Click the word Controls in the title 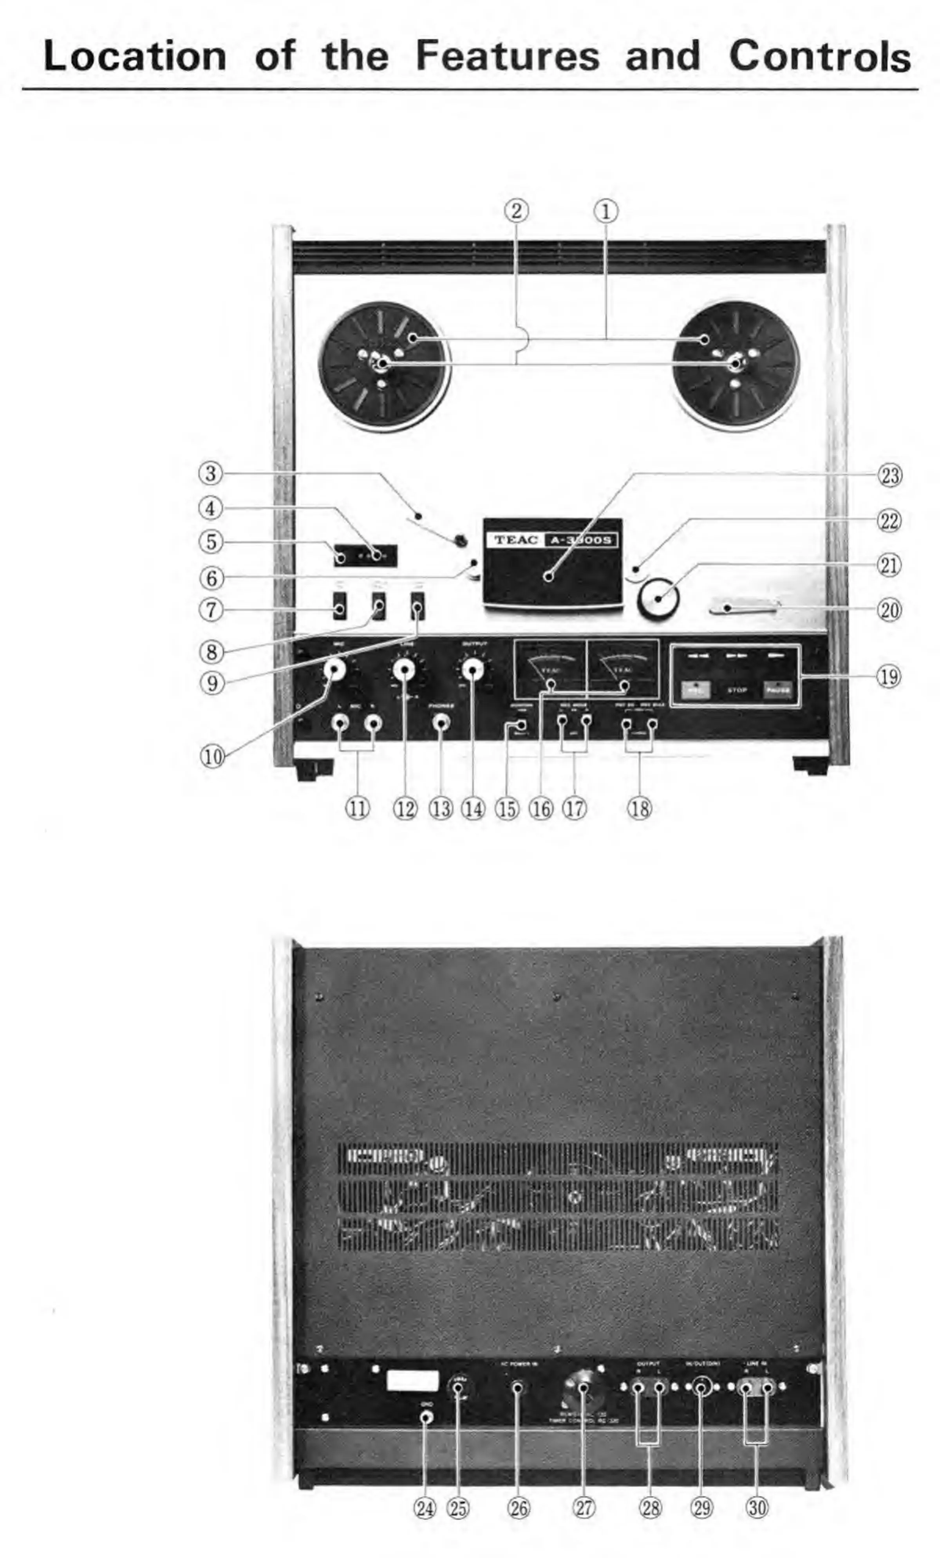[819, 56]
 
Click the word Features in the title [507, 56]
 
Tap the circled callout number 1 [605, 211]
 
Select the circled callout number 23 [889, 475]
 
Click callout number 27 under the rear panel [584, 1508]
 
